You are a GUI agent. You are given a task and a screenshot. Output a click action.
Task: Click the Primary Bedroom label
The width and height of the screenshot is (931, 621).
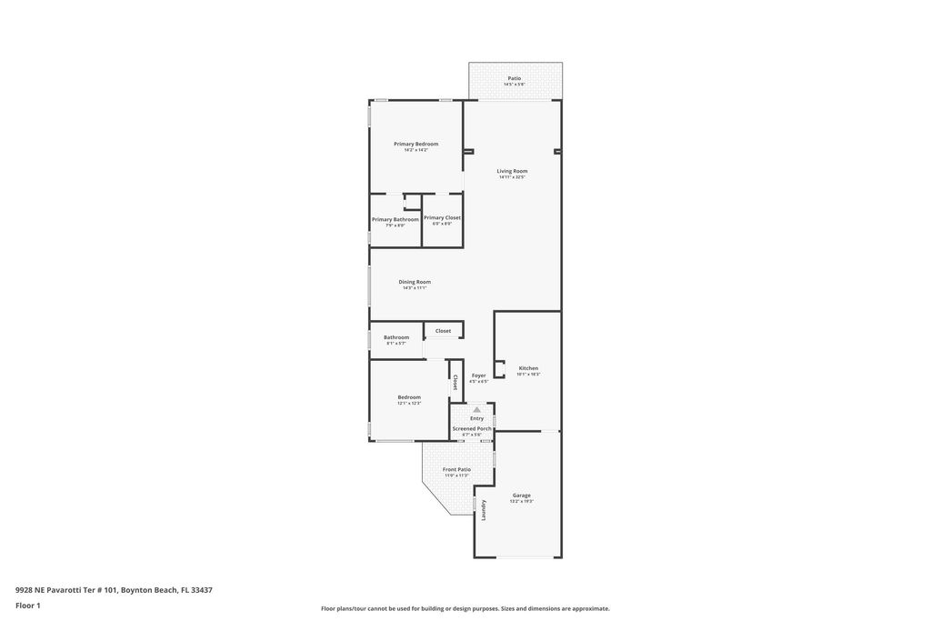(415, 144)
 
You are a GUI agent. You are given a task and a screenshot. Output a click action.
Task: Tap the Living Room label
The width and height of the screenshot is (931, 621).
(512, 171)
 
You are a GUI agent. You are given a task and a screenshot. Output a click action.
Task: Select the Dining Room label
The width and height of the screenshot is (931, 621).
(415, 282)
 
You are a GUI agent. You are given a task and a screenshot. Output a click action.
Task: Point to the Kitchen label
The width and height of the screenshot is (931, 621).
(528, 368)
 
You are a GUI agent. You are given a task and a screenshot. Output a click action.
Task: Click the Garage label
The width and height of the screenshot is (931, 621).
(521, 496)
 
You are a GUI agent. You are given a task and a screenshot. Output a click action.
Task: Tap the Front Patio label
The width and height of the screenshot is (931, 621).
(456, 469)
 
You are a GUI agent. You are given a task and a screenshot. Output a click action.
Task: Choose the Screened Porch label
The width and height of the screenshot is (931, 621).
(472, 428)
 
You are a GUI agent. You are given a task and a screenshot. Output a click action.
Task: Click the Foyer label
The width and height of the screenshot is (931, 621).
(478, 376)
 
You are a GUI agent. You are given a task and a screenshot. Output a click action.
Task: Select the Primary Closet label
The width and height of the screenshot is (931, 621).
(442, 218)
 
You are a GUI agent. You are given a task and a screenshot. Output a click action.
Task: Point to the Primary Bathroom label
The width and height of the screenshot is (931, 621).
(395, 219)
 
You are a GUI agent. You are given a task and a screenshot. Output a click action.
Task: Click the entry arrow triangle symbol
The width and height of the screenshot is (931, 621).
(476, 410)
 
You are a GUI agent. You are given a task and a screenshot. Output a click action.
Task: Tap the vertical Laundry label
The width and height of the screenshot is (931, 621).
(484, 510)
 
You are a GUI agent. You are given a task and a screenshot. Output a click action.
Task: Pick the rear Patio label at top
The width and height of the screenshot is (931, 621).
(515, 79)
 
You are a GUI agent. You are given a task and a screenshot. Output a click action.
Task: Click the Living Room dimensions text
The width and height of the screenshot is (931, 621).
(512, 177)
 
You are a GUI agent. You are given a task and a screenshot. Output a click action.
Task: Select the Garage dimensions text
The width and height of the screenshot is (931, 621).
(521, 502)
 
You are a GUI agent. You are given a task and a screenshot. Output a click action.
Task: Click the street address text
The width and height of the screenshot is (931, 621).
(114, 589)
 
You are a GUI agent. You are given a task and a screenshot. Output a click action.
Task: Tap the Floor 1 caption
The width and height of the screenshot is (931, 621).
(28, 606)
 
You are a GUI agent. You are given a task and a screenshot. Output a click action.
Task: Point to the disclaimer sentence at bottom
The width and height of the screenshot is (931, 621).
(465, 608)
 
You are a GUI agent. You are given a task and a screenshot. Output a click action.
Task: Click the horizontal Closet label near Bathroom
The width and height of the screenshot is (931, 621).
(443, 331)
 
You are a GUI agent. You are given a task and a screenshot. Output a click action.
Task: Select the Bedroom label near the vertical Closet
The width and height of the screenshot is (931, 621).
(409, 397)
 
